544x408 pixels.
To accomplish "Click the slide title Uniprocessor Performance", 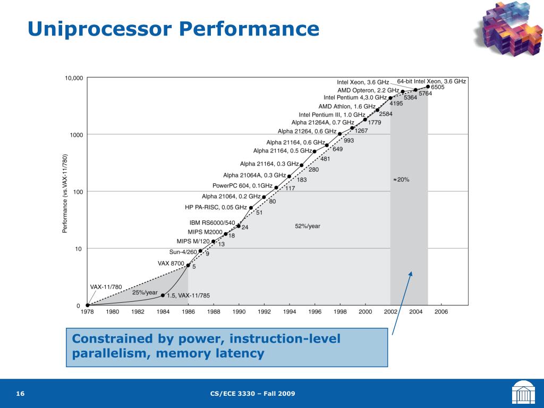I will coord(173,29).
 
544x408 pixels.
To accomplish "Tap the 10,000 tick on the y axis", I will coord(74,78).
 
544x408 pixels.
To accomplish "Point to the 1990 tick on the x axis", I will coord(239,312).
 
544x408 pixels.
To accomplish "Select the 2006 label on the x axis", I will coord(441,312).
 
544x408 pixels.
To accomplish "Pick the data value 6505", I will coord(438,87).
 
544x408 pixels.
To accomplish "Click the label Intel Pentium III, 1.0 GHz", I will coord(332,115).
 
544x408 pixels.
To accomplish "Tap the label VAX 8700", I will coord(171,263).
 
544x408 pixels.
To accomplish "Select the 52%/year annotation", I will coord(308,226).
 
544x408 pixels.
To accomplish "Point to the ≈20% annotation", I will coord(401,180).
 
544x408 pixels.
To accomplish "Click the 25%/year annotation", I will coord(145,293).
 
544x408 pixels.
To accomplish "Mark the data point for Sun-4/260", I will coord(200,251).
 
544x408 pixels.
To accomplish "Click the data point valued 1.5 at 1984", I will coord(163,295).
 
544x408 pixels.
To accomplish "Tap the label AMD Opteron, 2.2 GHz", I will coord(368,90).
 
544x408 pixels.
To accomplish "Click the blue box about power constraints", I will coord(227,346).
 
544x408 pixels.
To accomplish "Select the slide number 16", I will coord(21,394).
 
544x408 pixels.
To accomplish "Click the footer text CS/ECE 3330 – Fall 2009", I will coord(252,394).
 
